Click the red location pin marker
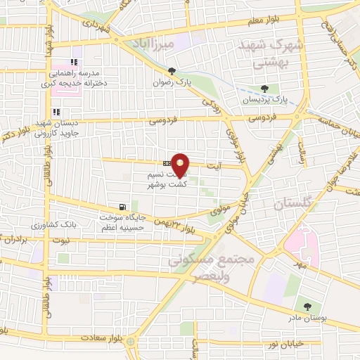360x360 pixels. pos(181,165)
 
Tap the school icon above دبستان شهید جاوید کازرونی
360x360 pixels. pos(56,112)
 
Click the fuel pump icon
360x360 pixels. pos(123,207)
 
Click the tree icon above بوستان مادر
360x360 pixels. pos(307,306)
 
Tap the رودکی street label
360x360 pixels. pos(210,106)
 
